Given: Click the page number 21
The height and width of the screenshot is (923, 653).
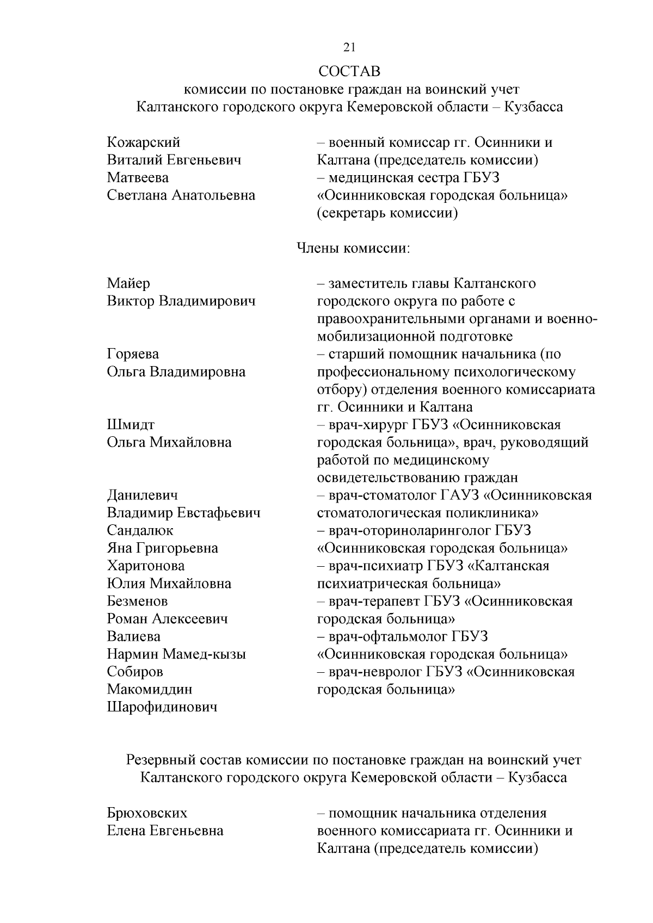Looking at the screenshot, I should tap(349, 47).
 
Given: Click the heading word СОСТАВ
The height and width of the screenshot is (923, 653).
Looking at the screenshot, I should tap(349, 71).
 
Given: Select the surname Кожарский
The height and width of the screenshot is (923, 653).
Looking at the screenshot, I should tap(144, 143).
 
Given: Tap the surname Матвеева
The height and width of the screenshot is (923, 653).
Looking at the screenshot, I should tap(138, 178).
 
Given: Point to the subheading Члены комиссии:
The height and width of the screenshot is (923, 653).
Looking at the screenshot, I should tap(353, 249).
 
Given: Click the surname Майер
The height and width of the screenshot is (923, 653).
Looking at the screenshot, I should tap(128, 283).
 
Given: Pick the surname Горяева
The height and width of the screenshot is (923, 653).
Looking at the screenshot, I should tap(133, 354).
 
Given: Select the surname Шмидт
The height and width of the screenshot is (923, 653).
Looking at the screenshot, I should tap(131, 425).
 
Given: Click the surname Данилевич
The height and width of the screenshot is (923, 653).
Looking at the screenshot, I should tap(143, 495).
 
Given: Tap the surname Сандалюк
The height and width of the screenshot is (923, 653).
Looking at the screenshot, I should tap(140, 530).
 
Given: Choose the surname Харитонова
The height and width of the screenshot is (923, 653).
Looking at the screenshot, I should tap(146, 566).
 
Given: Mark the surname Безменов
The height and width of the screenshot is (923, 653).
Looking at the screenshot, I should tap(137, 601).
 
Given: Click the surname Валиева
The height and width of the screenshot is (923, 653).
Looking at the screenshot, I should tap(134, 636).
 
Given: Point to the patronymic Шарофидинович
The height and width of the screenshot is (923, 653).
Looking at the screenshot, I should tap(162, 707).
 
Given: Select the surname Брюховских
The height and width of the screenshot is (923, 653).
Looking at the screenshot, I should tap(147, 813).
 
